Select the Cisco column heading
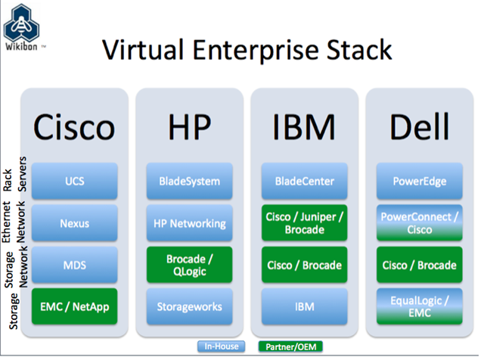click(74, 127)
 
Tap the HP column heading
click(190, 127)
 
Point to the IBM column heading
click(304, 127)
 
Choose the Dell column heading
click(420, 126)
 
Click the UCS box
click(74, 181)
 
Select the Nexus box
click(74, 223)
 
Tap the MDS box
click(74, 265)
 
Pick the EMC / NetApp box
click(74, 306)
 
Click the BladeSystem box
click(190, 181)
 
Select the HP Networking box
click(190, 223)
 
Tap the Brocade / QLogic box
click(190, 265)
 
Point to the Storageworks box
click(190, 306)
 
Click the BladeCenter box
click(304, 181)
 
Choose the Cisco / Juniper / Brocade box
click(304, 223)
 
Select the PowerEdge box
click(420, 181)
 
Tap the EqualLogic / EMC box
click(420, 306)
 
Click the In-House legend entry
click(222, 346)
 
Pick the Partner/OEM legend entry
click(290, 346)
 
